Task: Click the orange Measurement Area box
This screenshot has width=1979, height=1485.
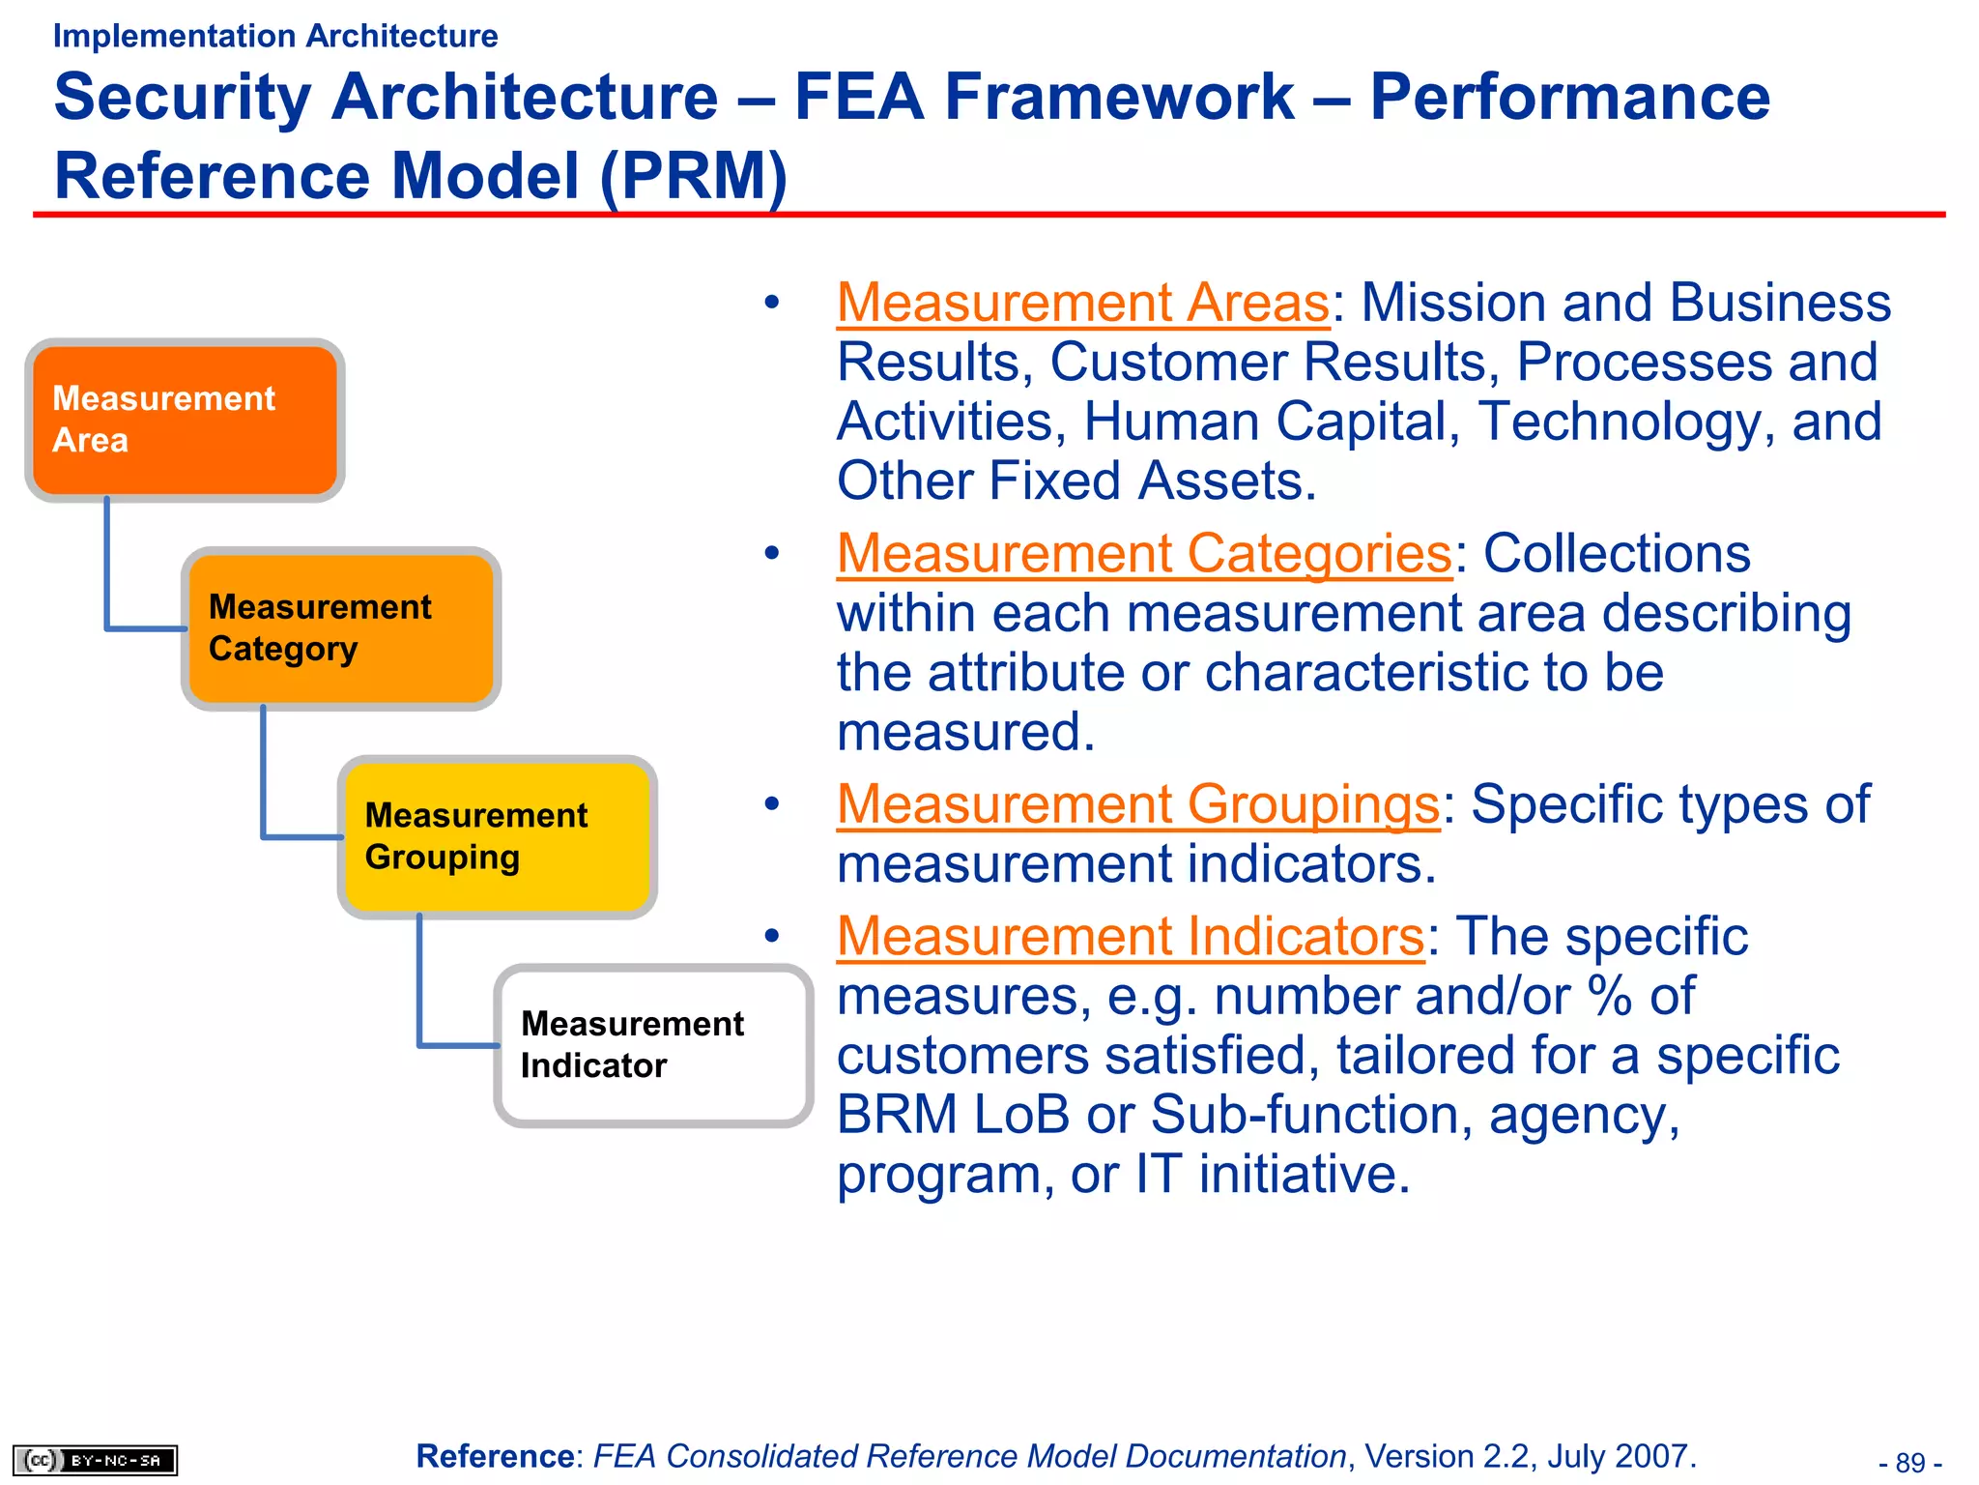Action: coord(184,420)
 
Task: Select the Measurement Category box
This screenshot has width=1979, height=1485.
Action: coord(340,628)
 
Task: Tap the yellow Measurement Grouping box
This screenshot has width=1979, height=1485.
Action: coord(497,837)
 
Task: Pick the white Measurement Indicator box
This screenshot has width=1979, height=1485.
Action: coord(653,1045)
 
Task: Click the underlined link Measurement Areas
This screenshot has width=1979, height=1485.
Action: coord(1082,303)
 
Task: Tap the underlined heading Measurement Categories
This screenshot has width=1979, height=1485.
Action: coord(1144,554)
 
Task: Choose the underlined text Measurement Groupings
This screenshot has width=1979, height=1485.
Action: coord(1138,804)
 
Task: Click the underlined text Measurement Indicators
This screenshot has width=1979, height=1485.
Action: coord(1131,937)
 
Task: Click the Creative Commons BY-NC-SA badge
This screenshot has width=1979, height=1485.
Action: coord(95,1460)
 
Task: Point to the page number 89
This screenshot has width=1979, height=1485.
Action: coord(1910,1462)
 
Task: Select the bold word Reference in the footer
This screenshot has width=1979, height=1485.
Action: coord(496,1456)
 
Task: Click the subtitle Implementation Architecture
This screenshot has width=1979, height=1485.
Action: coord(275,36)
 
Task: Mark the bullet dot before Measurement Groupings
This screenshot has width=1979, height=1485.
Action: coord(771,804)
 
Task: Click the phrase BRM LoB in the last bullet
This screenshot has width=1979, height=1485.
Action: coord(953,1115)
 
